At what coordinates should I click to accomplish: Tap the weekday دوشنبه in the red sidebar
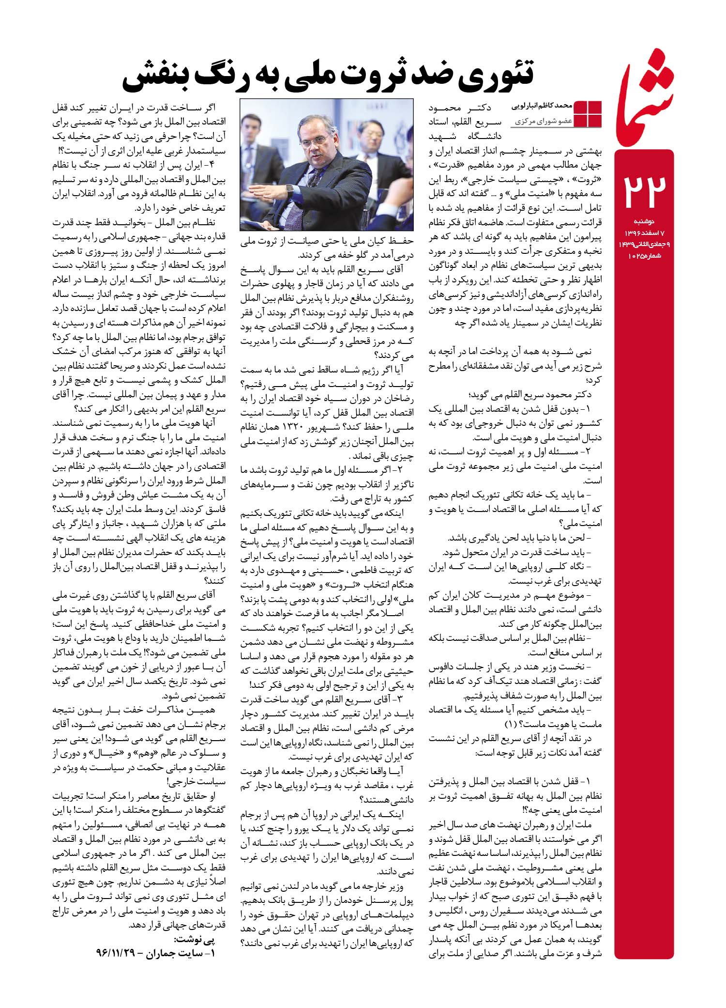656,221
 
